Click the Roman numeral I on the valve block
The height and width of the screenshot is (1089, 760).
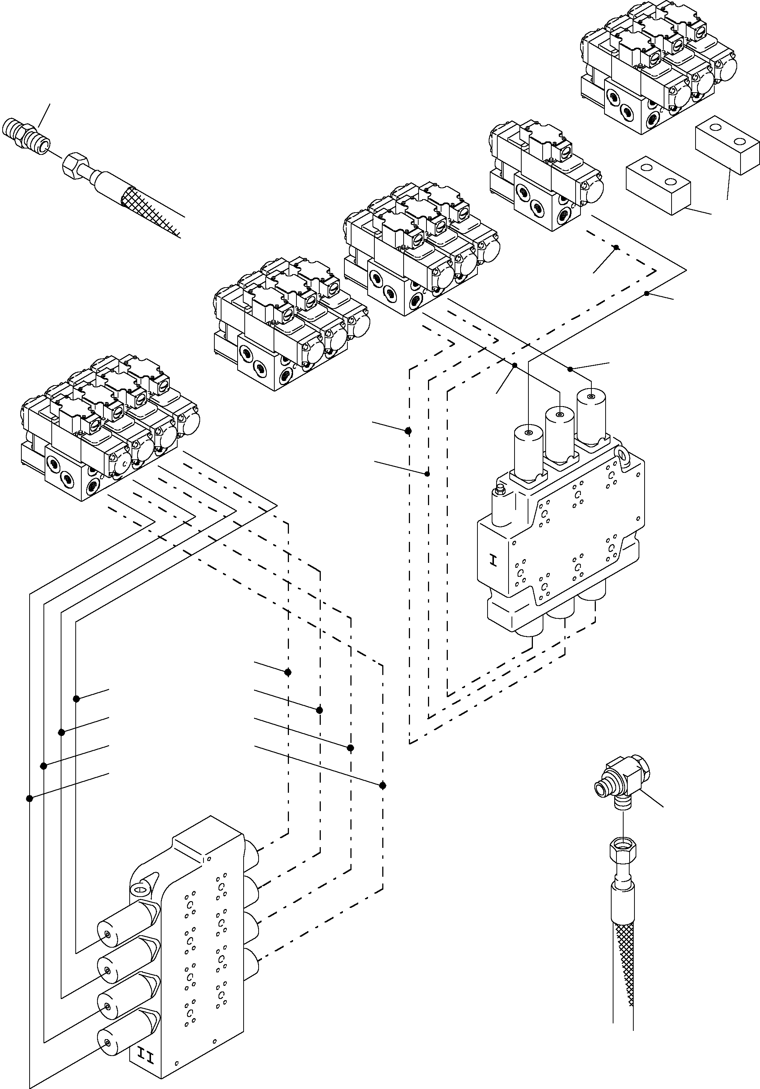click(494, 562)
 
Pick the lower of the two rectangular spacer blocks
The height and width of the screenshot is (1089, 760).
click(658, 184)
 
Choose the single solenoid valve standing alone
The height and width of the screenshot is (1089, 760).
click(545, 175)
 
